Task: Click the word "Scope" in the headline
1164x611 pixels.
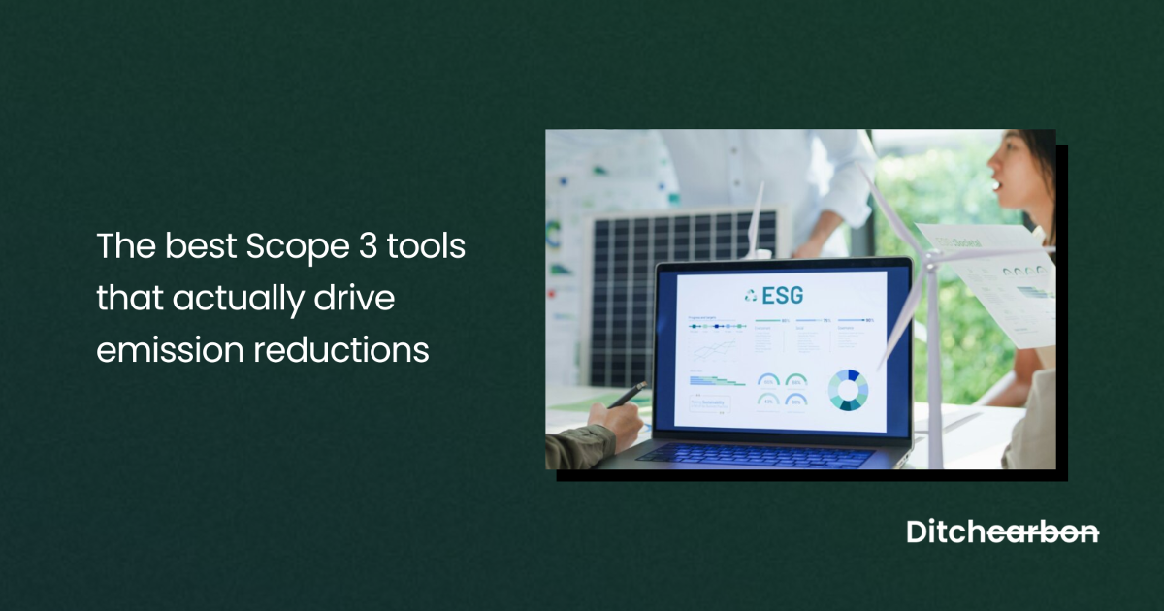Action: coord(286,246)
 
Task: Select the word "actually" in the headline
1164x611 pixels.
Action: coord(232,298)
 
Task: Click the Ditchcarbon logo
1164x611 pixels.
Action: coord(1002,531)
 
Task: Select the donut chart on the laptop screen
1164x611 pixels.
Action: coord(848,390)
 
